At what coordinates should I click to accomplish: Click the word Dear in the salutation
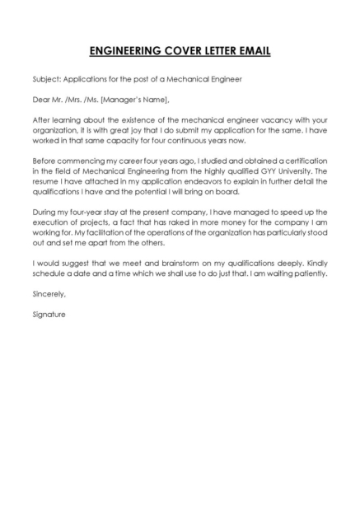coord(41,100)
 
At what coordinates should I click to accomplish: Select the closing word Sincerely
coord(48,292)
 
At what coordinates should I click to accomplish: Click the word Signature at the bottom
coord(49,313)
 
